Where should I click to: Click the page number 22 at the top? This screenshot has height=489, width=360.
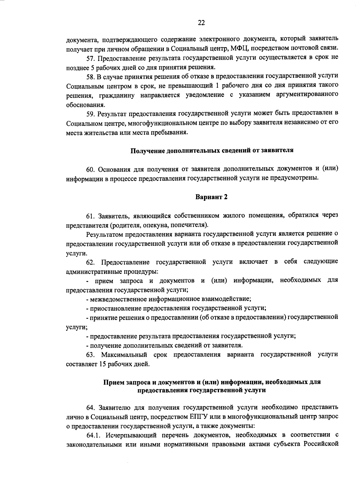click(x=201, y=23)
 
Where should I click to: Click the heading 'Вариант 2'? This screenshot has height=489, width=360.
click(x=211, y=197)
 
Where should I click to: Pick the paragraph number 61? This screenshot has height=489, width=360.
click(x=90, y=216)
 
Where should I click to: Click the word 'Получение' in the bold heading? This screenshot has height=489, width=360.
click(x=144, y=151)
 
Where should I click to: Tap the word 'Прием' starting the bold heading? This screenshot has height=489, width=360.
click(x=112, y=382)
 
